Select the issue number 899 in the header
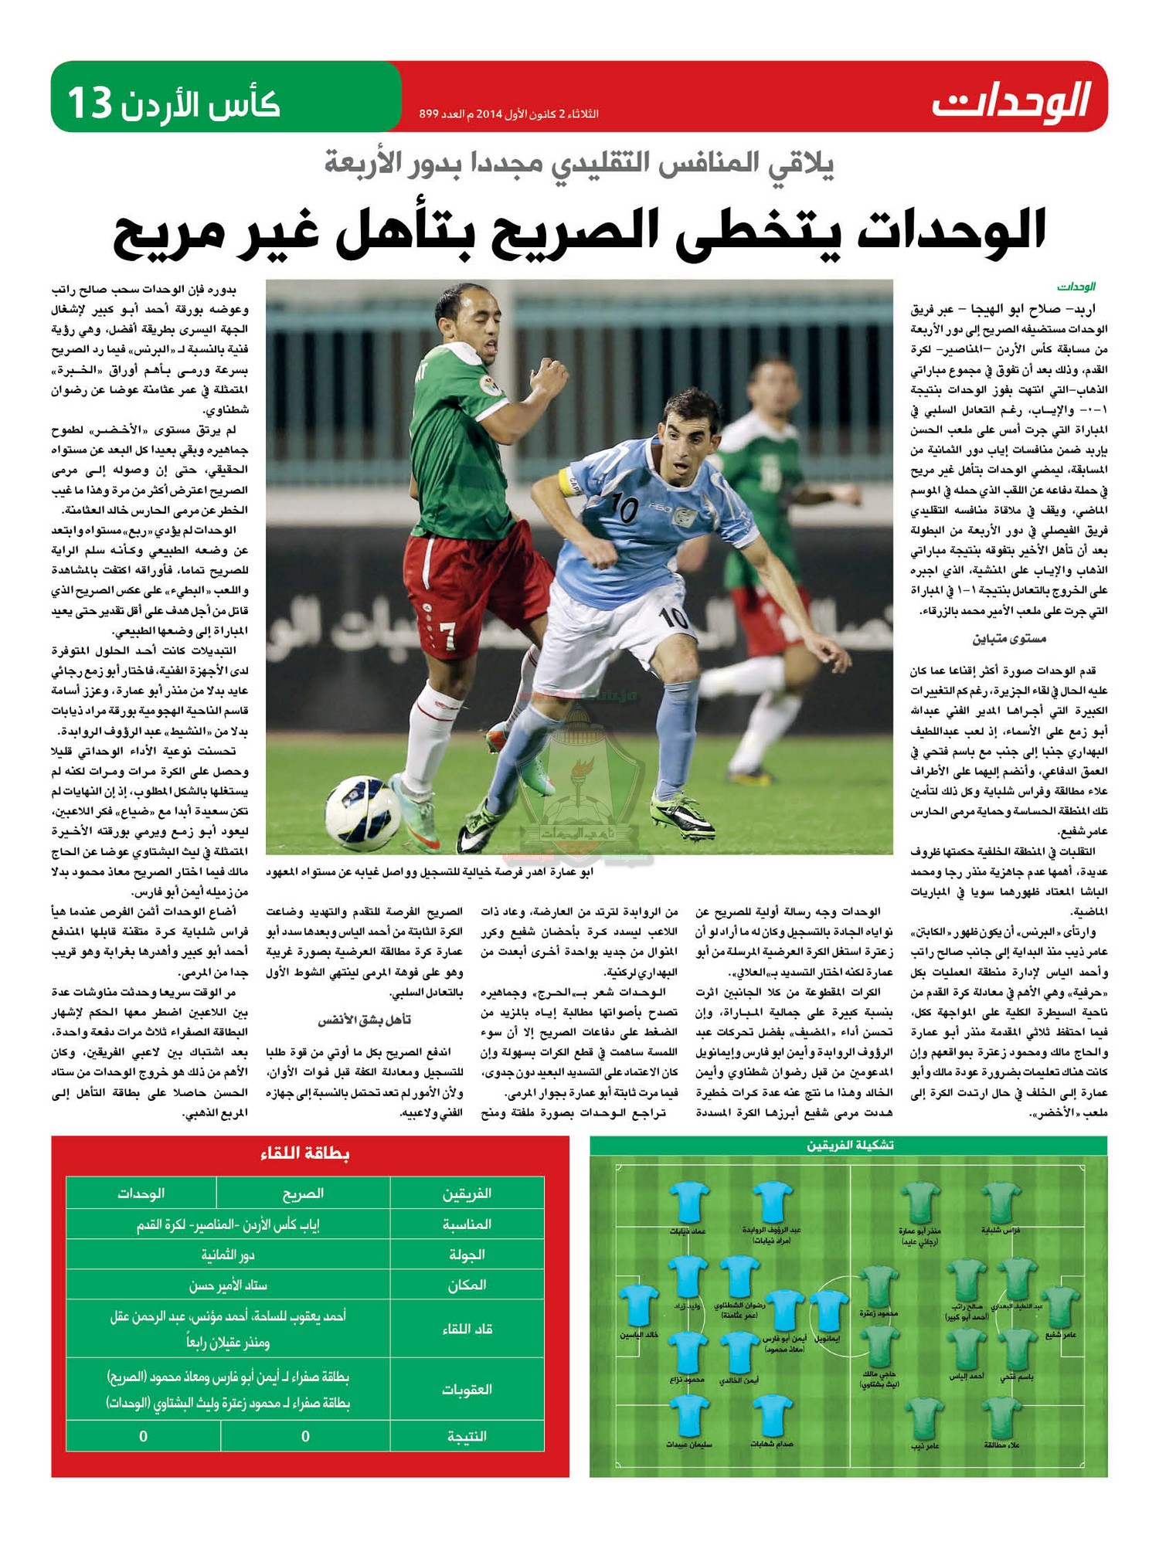click(x=429, y=114)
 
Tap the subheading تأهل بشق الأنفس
click(x=364, y=1020)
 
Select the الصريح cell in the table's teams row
click(x=303, y=1194)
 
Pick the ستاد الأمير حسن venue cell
click(x=228, y=1285)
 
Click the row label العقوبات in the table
click(x=466, y=1390)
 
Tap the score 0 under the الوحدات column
click(x=143, y=1437)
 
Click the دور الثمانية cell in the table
click(x=228, y=1255)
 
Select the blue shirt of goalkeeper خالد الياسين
click(x=638, y=1306)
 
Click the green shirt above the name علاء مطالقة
click(x=1002, y=1417)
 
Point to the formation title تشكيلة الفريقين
click(x=849, y=1146)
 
